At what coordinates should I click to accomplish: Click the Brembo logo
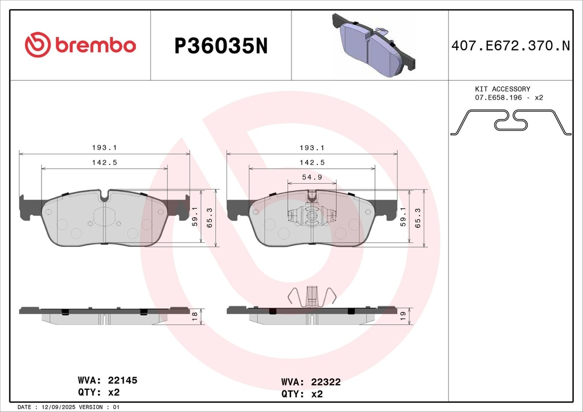(80, 45)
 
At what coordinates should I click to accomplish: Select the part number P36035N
(220, 46)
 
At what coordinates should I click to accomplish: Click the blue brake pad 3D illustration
(373, 45)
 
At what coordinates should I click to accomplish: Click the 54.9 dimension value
(311, 177)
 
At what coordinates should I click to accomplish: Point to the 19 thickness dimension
(403, 316)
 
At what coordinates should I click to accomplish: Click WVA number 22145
(119, 380)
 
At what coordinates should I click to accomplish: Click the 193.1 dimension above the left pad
(104, 147)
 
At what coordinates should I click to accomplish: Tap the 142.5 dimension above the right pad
(312, 162)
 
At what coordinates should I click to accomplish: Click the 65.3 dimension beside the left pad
(209, 218)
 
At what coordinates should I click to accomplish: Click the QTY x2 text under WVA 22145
(98, 392)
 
